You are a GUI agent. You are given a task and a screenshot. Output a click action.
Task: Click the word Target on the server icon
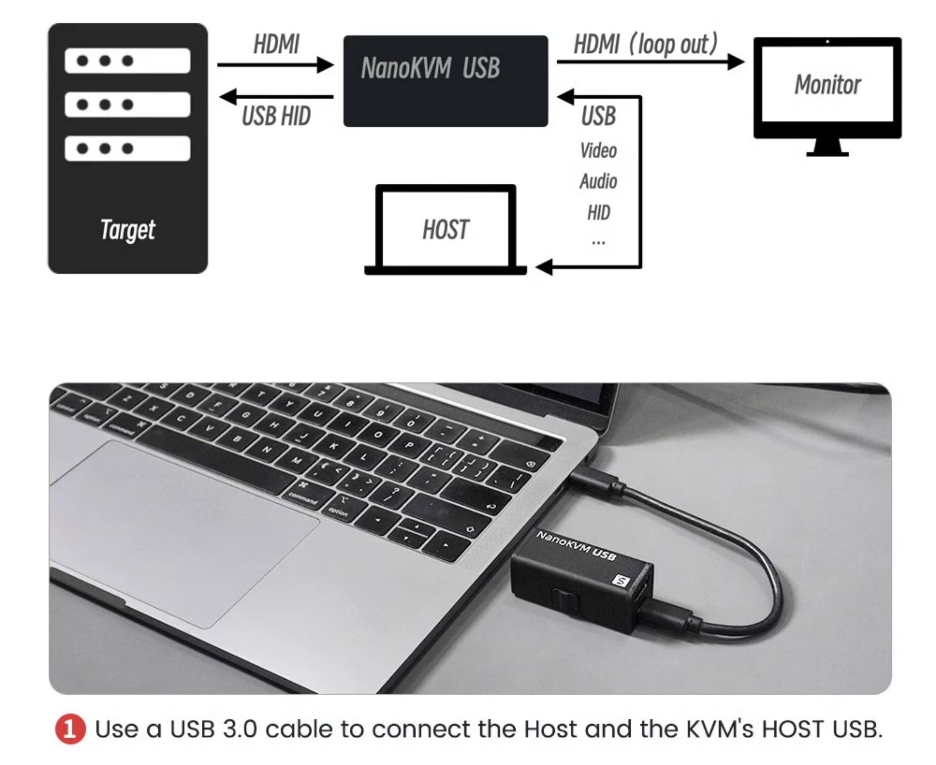128,230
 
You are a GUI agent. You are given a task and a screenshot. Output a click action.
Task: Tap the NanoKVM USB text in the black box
430,68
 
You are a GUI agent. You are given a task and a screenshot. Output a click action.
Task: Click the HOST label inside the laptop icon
445,230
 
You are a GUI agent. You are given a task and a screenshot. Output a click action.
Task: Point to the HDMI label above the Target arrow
276,45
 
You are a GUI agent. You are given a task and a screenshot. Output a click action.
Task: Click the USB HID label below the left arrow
276,116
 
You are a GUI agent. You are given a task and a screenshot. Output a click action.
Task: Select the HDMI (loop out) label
645,45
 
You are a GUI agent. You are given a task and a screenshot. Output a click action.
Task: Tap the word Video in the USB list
598,151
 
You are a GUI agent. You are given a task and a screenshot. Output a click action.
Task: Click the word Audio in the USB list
598,181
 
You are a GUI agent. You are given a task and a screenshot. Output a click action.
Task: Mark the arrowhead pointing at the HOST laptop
545,267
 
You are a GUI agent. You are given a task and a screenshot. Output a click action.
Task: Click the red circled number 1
70,729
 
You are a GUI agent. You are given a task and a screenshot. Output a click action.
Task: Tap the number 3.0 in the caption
239,729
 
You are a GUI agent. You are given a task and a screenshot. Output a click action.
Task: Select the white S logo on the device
620,581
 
